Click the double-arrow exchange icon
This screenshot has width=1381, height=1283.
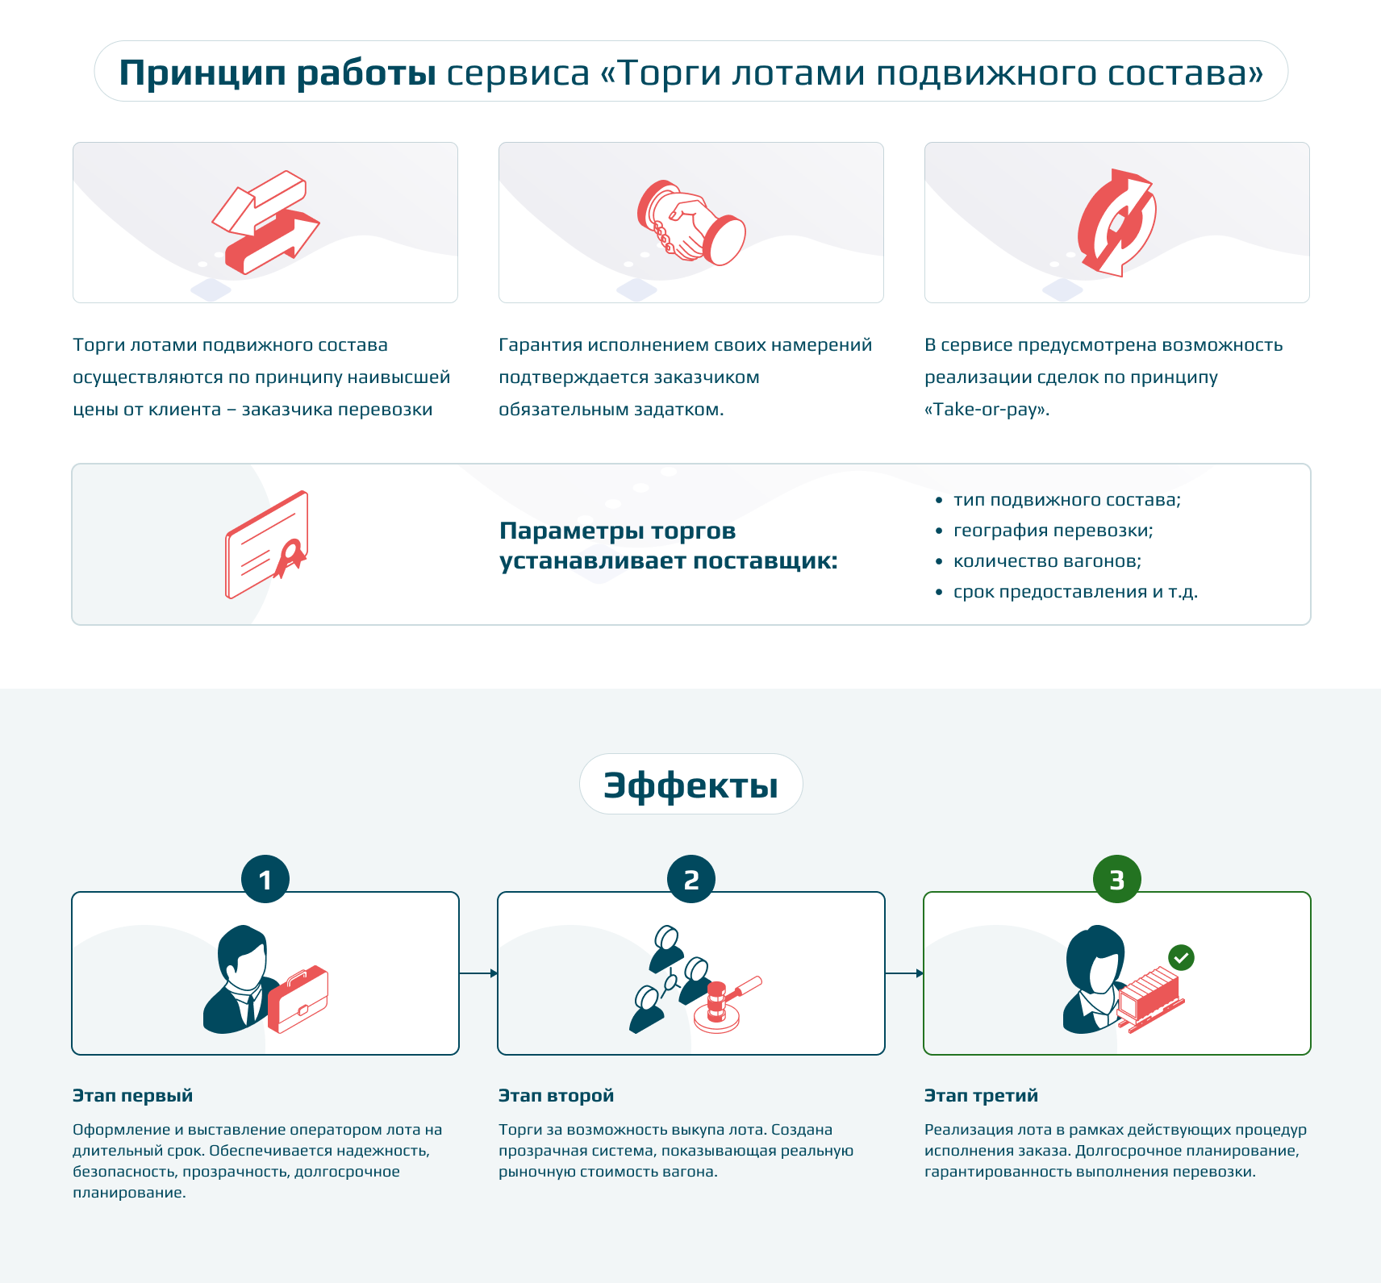pos(265,223)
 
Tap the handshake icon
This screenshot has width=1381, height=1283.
pos(691,223)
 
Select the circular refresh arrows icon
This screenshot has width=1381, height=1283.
pos(1117,223)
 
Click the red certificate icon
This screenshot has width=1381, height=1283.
pos(267,544)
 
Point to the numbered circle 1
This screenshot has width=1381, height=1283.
pos(265,879)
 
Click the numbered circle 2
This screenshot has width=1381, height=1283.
pos(691,879)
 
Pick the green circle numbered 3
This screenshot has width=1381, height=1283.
pos(1117,879)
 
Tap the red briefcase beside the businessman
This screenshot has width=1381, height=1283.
pos(298,999)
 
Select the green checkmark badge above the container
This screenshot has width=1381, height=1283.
pos(1182,958)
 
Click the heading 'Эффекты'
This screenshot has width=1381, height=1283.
pos(691,785)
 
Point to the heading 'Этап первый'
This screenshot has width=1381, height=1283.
pos(133,1095)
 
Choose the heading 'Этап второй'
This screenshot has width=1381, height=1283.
pos(557,1095)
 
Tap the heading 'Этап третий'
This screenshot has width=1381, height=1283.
pos(982,1095)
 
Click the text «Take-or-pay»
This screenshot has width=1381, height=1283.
pos(987,410)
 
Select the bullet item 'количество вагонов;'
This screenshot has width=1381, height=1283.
pos(1047,561)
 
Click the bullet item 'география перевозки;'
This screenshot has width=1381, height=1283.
pos(1053,531)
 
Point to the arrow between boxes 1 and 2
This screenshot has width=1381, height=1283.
pos(478,973)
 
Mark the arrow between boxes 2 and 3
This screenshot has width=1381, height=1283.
pos(904,973)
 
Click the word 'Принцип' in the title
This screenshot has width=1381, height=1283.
pos(202,73)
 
